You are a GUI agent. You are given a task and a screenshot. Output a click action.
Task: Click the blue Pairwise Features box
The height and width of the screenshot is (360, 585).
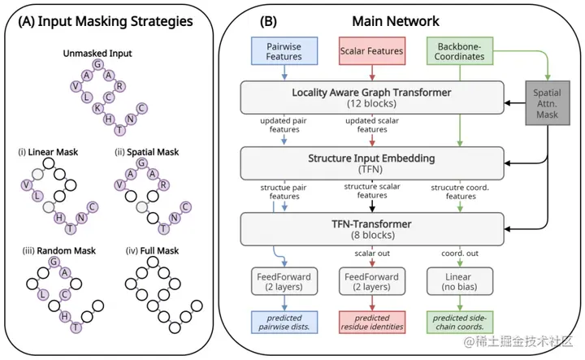(284, 51)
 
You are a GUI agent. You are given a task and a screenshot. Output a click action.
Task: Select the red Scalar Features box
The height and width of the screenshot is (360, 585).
(372, 51)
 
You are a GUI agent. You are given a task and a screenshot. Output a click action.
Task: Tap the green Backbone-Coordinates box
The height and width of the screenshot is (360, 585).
(460, 51)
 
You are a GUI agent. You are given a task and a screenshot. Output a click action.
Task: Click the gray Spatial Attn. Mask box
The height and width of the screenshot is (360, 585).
(548, 103)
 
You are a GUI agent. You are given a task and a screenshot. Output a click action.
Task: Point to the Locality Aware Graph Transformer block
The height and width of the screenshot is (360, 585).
(372, 98)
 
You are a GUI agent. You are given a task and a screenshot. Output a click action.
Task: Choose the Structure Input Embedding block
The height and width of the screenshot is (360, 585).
(372, 163)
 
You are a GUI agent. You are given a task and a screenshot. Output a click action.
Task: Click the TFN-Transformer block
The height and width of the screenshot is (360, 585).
(372, 229)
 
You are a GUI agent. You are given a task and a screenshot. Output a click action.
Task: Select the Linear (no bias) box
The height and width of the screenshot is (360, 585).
(460, 281)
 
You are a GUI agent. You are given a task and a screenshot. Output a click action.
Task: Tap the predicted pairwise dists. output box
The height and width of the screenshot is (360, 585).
(284, 323)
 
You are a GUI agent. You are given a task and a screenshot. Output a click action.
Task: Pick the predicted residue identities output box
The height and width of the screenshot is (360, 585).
(372, 323)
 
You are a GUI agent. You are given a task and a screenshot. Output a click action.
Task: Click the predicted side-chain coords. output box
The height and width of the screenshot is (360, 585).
(460, 323)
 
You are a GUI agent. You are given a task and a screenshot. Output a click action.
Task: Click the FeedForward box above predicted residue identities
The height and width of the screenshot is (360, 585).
(372, 281)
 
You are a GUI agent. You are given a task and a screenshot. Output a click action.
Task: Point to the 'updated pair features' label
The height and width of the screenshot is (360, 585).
(284, 125)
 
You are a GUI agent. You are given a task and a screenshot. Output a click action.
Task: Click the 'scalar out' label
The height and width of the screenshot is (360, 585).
(372, 254)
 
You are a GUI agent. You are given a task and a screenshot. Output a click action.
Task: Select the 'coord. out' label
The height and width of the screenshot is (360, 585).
(460, 254)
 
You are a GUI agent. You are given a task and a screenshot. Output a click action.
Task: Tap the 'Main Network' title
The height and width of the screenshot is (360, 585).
(396, 21)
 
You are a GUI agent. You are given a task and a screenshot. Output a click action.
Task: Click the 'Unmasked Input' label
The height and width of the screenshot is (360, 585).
(97, 54)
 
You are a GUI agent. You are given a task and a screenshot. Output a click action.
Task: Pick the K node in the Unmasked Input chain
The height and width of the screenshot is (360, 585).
(97, 108)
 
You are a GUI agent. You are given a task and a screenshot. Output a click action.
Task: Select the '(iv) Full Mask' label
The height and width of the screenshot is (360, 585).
(152, 250)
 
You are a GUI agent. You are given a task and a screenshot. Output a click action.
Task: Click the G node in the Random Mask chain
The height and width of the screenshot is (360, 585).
(54, 262)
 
